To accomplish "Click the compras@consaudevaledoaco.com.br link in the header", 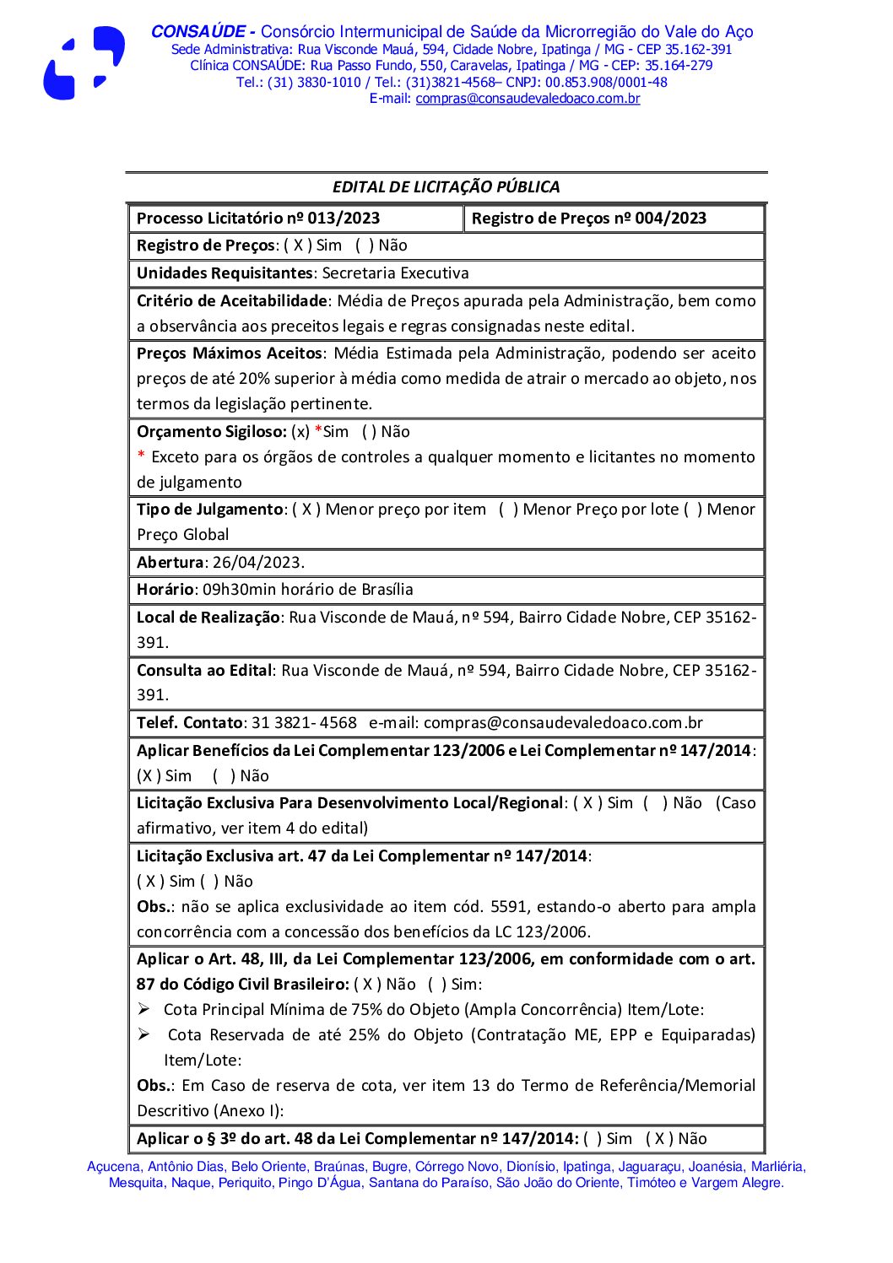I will [x=528, y=99].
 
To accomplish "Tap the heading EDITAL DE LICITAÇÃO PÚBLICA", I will [x=446, y=187].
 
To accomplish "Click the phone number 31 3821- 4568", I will [x=304, y=723].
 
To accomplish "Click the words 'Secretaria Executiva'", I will [x=395, y=273].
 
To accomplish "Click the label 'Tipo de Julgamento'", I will [x=209, y=510].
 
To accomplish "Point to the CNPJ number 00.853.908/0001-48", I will [x=606, y=83].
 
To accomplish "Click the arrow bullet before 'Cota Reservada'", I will [x=145, y=1034].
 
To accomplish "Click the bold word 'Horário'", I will [x=166, y=590].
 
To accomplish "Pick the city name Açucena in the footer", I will [x=113, y=1167].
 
